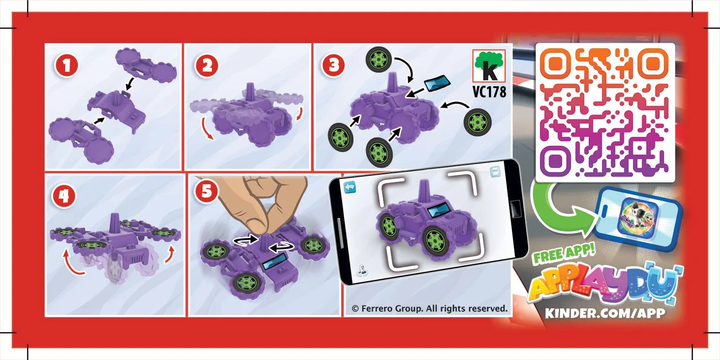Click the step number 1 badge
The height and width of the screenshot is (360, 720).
tap(67, 66)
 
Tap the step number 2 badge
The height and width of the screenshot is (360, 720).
tap(206, 66)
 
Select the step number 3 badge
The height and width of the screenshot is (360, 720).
tap(333, 66)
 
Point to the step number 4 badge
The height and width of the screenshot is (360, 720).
tap(64, 196)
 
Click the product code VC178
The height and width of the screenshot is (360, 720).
tap(489, 91)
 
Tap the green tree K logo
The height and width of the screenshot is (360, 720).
tap(489, 66)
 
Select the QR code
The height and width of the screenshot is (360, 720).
tap(605, 113)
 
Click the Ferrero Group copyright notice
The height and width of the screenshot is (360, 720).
tap(429, 308)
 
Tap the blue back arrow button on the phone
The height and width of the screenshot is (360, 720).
tap(350, 187)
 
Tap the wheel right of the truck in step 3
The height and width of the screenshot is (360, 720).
tap(478, 122)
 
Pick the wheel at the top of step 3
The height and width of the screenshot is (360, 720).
tap(379, 60)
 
